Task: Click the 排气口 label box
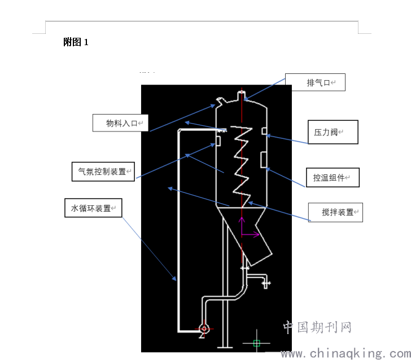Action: click(315, 82)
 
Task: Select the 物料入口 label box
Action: click(121, 123)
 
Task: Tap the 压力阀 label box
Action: click(333, 132)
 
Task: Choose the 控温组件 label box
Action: click(333, 177)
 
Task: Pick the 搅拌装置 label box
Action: click(335, 212)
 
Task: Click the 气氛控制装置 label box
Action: click(103, 172)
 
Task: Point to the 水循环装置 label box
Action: click(93, 208)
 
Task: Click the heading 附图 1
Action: click(76, 42)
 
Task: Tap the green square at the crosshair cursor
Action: click(257, 343)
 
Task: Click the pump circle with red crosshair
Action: click(204, 328)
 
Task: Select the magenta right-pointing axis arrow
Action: click(250, 235)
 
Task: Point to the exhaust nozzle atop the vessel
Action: click(242, 95)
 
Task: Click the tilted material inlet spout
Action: click(221, 101)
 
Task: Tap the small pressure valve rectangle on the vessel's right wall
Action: click(264, 131)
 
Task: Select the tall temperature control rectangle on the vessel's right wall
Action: click(264, 160)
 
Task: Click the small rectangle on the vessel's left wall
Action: click(218, 141)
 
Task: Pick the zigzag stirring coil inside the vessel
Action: click(242, 166)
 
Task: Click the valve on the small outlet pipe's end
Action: click(266, 283)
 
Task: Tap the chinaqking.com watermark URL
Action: click(346, 353)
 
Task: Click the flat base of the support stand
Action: click(225, 347)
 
